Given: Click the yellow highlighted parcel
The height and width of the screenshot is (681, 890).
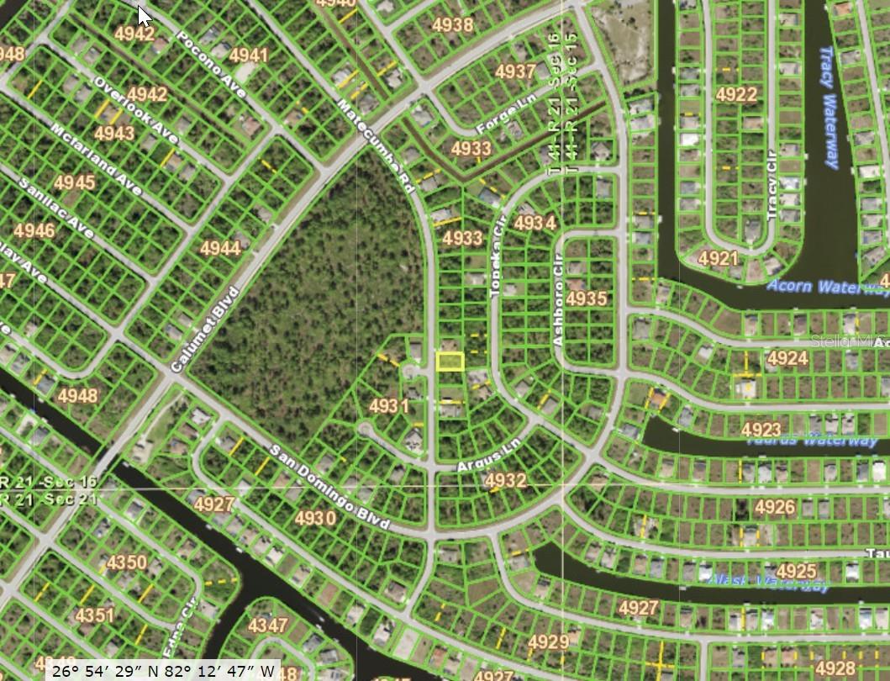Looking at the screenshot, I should tap(450, 362).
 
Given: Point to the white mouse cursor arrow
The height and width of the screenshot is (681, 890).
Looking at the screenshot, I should tap(145, 15).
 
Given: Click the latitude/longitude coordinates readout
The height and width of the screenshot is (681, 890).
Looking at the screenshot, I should tap(163, 670).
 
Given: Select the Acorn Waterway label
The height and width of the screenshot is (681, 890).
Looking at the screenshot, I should tap(827, 287).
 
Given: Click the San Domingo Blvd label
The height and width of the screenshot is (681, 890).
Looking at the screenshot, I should tap(329, 488).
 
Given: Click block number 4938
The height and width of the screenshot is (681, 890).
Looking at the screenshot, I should tap(452, 25).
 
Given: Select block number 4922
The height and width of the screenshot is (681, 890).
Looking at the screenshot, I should tap(736, 94).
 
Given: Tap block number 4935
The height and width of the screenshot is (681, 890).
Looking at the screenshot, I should tap(586, 298).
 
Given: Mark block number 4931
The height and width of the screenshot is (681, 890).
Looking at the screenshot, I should tap(388, 407).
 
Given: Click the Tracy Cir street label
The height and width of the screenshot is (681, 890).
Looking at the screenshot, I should tap(771, 186).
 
